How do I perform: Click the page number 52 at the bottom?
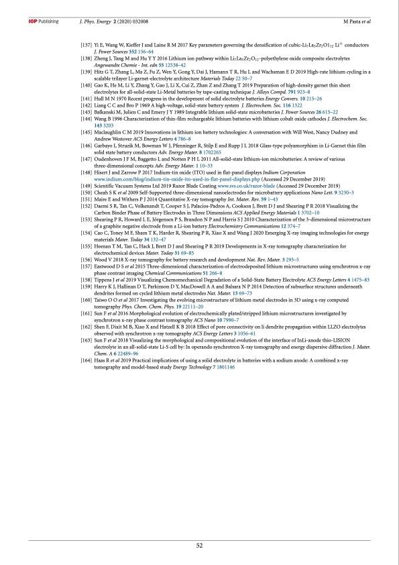coord(199,545)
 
